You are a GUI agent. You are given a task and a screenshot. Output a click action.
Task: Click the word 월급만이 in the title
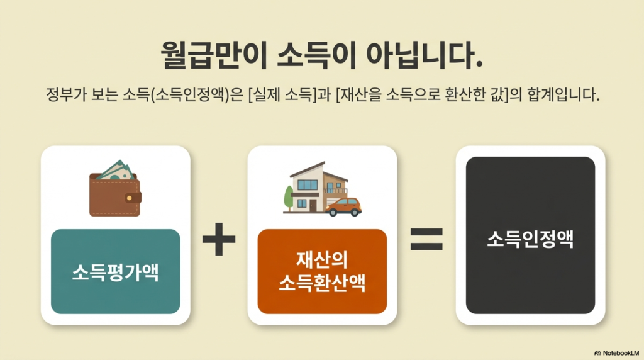pyautogui.click(x=214, y=54)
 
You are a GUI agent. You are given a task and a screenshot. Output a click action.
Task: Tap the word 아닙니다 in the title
pyautogui.click(x=424, y=54)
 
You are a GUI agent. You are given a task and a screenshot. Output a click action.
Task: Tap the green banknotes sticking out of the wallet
pyautogui.click(x=117, y=170)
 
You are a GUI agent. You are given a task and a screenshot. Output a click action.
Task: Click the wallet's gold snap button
pyautogui.click(x=130, y=198)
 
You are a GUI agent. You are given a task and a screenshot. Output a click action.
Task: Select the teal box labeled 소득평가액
pyautogui.click(x=116, y=271)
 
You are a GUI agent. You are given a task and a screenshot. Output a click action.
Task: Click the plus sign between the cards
pyautogui.click(x=219, y=239)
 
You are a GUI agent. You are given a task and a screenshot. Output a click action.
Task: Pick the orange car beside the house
pyautogui.click(x=344, y=206)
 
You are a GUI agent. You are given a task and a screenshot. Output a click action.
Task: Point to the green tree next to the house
pyautogui.click(x=289, y=198)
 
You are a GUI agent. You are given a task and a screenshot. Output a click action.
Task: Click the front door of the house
pyautogui.click(x=313, y=205)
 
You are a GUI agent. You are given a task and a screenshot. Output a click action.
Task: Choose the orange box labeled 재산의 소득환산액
pyautogui.click(x=322, y=271)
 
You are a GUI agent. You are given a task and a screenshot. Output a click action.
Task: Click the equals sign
pyautogui.click(x=427, y=239)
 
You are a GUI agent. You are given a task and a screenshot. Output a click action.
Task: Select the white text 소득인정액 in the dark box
pyautogui.click(x=530, y=239)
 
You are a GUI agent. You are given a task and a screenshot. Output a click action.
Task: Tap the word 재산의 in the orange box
pyautogui.click(x=322, y=260)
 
